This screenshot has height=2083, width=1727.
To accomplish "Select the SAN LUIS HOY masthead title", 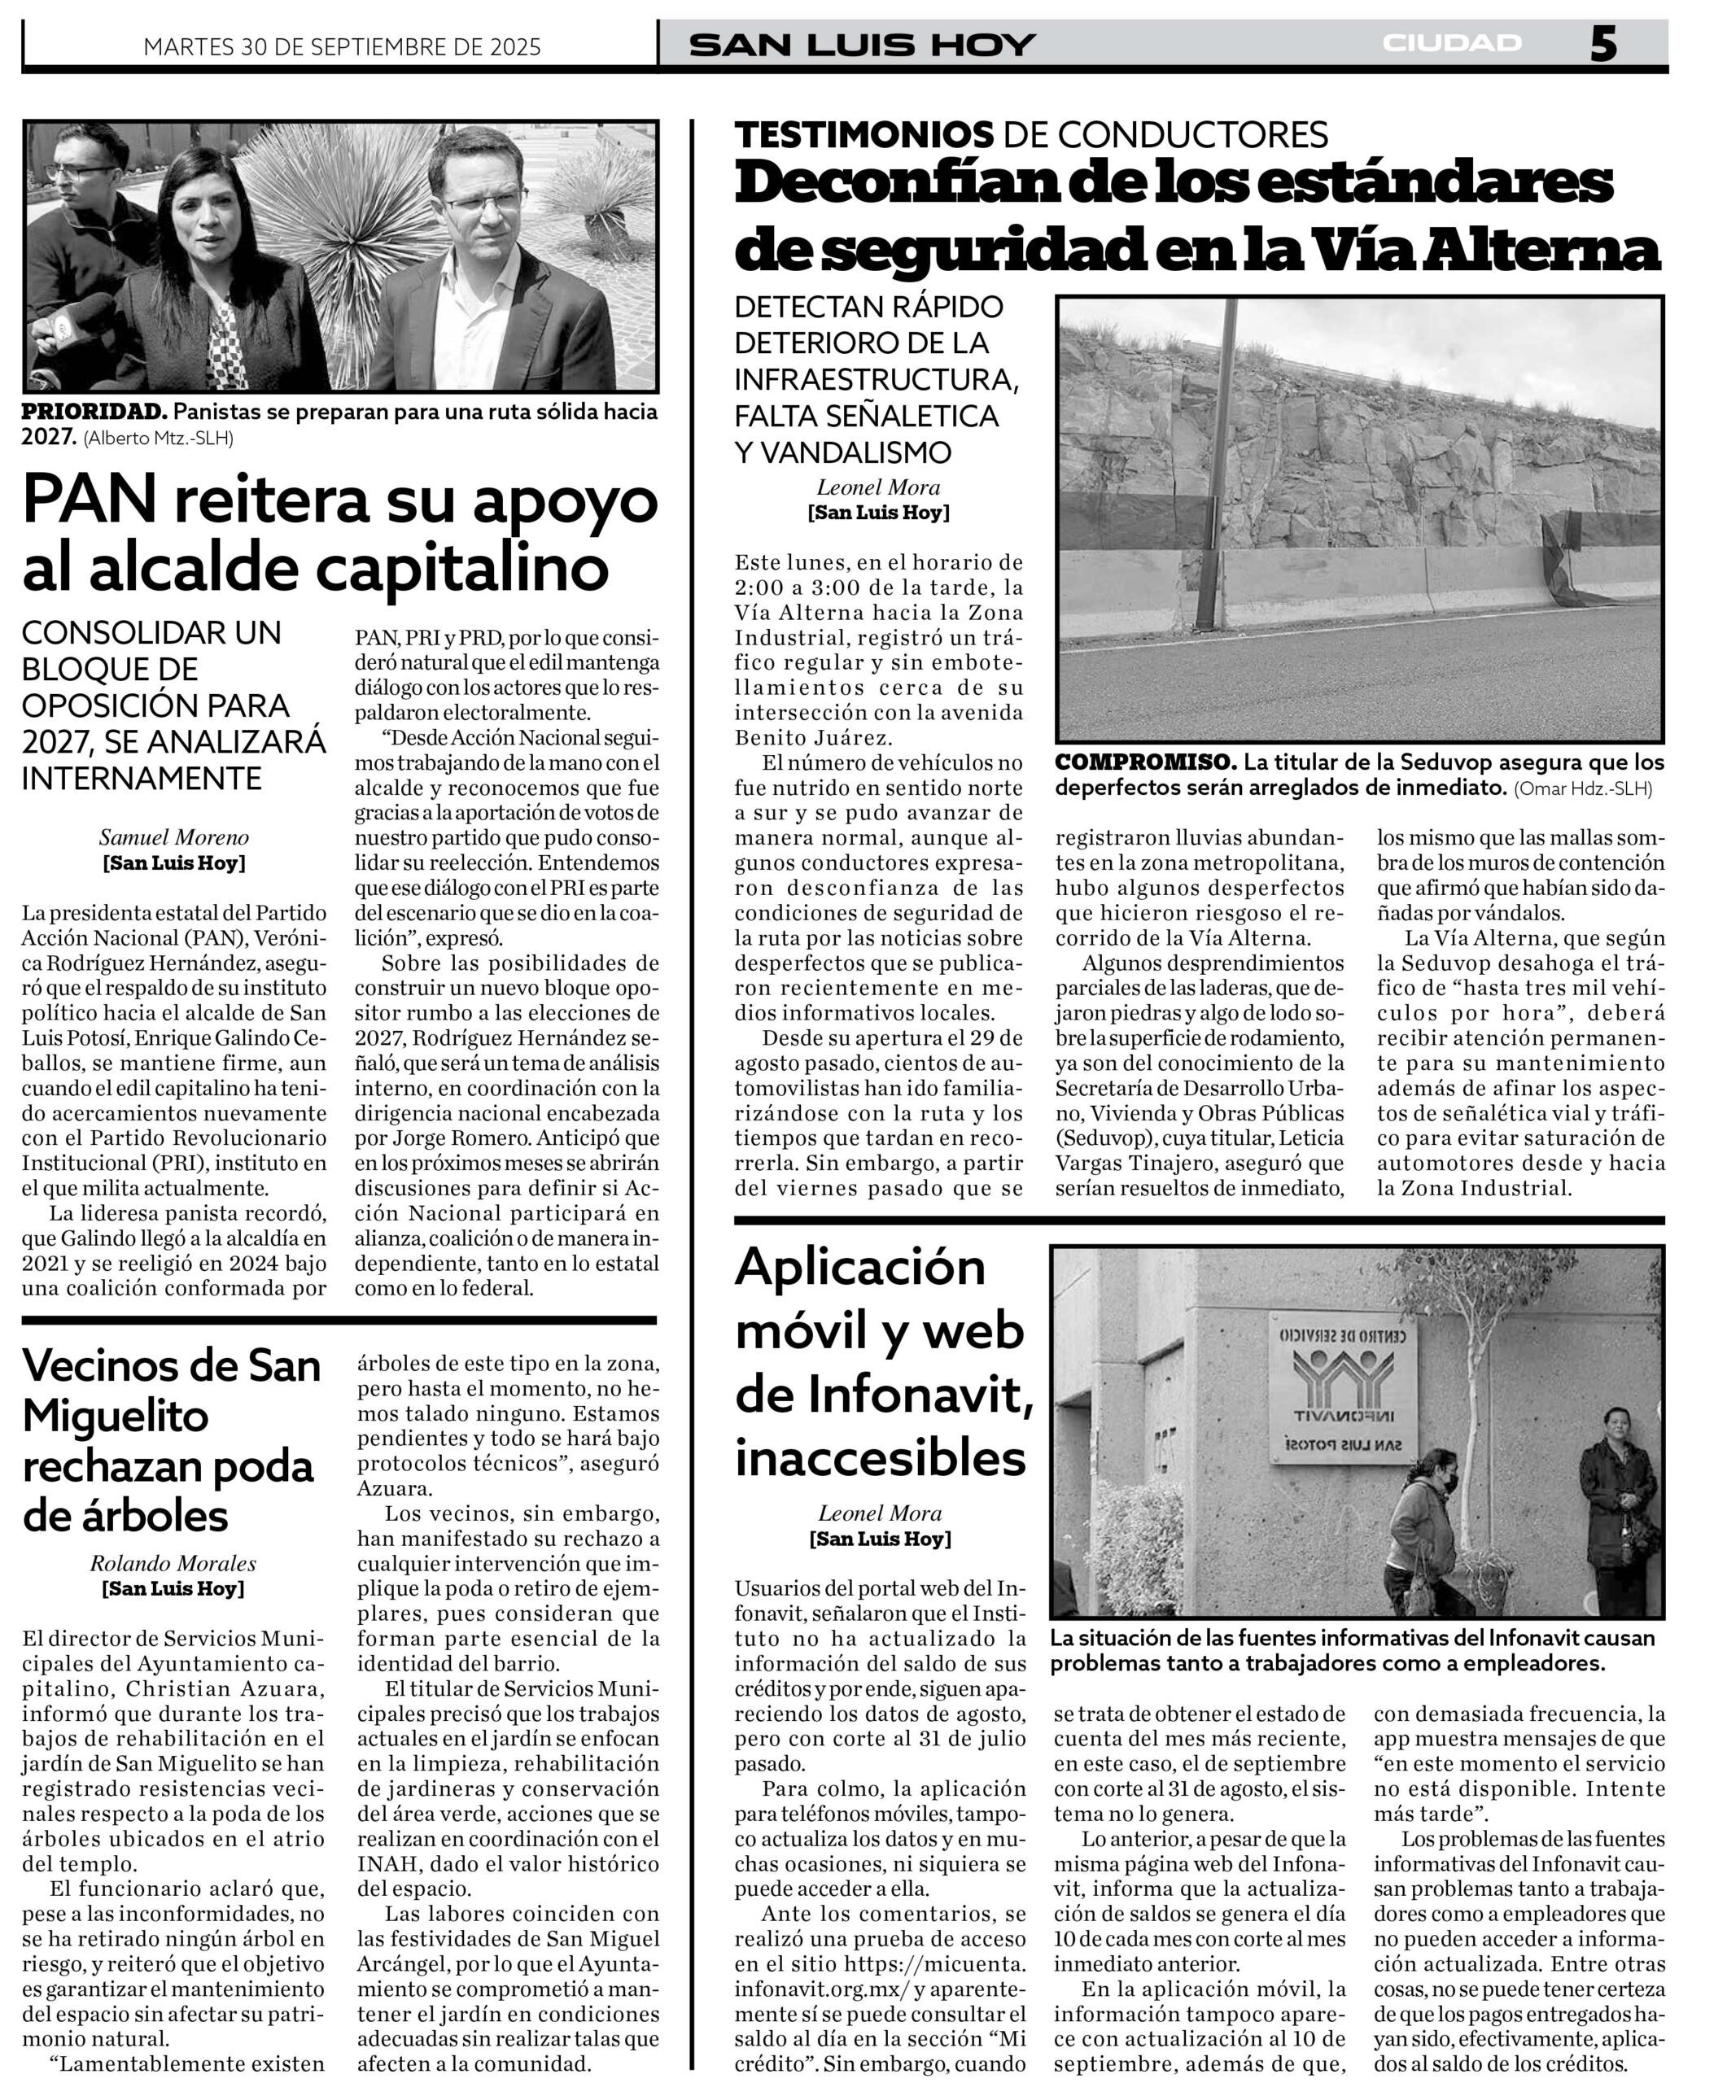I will click(x=862, y=45).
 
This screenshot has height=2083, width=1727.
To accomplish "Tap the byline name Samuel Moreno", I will click(x=173, y=837).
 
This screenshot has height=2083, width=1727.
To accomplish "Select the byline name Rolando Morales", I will click(x=173, y=1563).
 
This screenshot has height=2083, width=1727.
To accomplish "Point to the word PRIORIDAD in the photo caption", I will click(x=95, y=412).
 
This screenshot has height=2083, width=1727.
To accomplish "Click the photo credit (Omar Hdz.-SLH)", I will click(x=1583, y=788).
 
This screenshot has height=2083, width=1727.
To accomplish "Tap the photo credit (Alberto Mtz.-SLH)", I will click(x=159, y=438).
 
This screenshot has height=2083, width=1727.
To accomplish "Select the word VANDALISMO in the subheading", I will click(x=843, y=452).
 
